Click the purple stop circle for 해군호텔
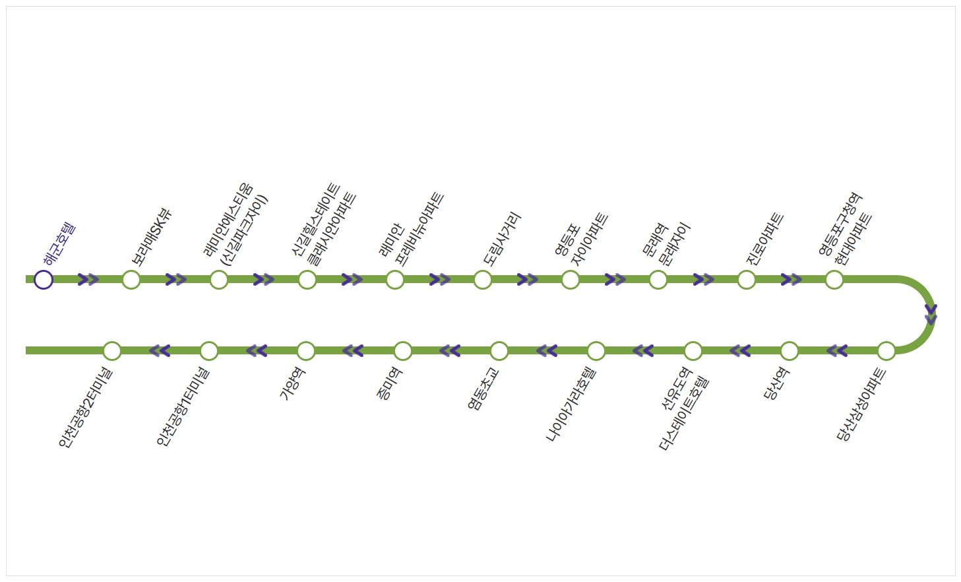(44, 280)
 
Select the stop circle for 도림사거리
(483, 280)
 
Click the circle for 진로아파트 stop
(747, 280)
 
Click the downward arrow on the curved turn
(931, 314)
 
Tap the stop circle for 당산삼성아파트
(886, 351)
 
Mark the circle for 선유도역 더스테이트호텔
(693, 351)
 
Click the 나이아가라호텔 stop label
(571, 404)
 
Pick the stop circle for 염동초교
(499, 351)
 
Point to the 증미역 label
(389, 384)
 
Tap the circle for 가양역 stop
(306, 351)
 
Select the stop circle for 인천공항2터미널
(112, 351)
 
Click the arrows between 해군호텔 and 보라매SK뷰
(88, 280)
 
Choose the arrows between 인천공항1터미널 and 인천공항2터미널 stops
(160, 351)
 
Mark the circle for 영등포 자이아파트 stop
(571, 280)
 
